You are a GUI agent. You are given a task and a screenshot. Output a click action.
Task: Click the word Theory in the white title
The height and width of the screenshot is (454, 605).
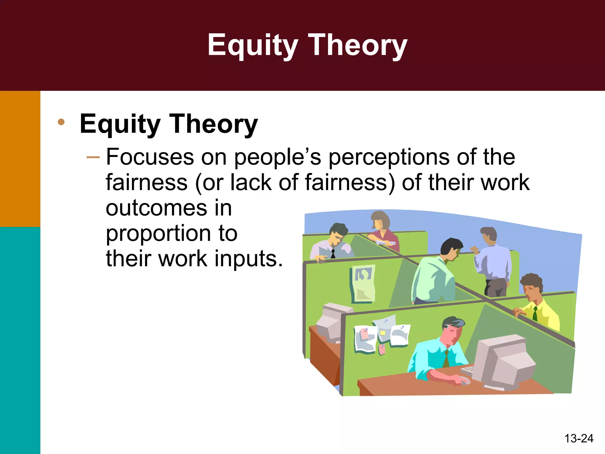click(x=357, y=45)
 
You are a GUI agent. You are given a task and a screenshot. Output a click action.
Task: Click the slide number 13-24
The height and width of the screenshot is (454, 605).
click(x=578, y=438)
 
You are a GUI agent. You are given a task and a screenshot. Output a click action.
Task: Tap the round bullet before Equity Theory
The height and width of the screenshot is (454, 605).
click(x=61, y=122)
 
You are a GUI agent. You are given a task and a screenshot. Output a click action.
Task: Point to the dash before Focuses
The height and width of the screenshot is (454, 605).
click(x=93, y=157)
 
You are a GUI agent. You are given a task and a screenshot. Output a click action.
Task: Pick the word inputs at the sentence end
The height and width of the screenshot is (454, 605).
click(x=248, y=259)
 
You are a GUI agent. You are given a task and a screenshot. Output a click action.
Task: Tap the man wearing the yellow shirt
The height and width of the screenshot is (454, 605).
click(x=536, y=304)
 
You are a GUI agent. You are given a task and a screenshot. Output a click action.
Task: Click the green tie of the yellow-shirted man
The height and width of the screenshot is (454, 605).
click(x=535, y=314)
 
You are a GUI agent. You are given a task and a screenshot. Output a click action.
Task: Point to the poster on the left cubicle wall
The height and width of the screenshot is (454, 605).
click(x=363, y=284)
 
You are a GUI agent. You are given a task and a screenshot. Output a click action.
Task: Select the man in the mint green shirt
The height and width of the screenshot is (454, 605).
click(x=434, y=275)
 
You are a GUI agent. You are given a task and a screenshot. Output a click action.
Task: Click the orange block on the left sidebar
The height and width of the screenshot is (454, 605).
click(x=20, y=159)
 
